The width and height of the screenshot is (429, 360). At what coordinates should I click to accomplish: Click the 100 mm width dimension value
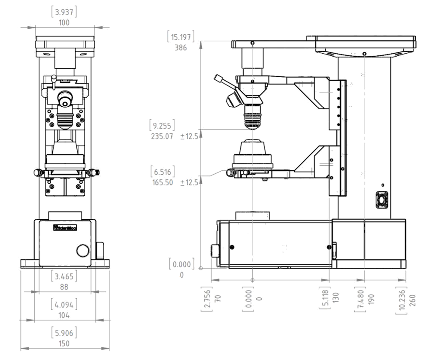64,23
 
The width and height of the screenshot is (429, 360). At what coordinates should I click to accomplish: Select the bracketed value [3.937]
64,12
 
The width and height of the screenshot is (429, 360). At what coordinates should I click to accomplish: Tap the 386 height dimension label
181,48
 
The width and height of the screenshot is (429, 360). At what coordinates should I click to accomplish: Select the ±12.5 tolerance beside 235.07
189,136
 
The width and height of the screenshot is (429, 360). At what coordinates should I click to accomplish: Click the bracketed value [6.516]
163,172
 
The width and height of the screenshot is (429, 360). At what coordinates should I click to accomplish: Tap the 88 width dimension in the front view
64,287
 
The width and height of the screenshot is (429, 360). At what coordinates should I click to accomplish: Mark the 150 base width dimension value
64,344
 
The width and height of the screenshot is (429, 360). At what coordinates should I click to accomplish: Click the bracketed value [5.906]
64,333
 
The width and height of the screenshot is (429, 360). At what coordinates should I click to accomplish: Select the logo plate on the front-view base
64,228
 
